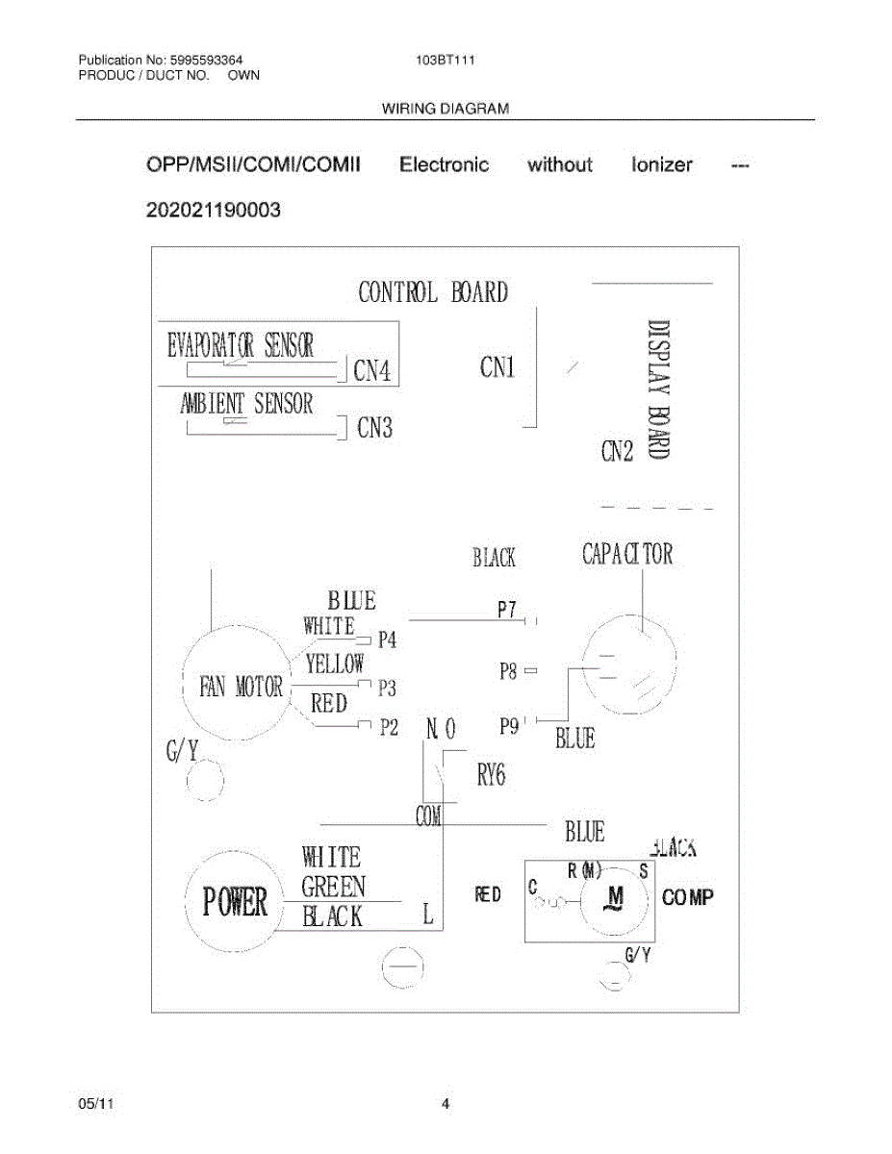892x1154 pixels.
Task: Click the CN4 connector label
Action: tap(372, 371)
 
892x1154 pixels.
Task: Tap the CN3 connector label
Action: tap(374, 428)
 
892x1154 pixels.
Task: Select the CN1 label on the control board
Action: tap(497, 366)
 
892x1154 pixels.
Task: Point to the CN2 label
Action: tap(617, 450)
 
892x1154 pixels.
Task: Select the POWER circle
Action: tap(234, 902)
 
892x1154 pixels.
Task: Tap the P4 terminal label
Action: tap(387, 640)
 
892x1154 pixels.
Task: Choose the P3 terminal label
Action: tap(387, 688)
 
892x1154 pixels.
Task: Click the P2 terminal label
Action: tap(388, 727)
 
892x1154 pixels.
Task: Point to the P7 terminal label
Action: tap(507, 610)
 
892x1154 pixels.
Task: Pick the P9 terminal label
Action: tap(509, 726)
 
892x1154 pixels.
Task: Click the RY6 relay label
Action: tap(491, 775)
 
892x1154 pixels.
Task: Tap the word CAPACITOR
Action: tap(627, 555)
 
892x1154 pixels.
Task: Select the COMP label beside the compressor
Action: tap(688, 897)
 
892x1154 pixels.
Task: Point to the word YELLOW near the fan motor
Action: tap(335, 663)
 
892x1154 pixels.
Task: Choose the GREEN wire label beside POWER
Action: tap(333, 887)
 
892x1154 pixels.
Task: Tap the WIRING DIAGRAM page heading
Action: tap(446, 109)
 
